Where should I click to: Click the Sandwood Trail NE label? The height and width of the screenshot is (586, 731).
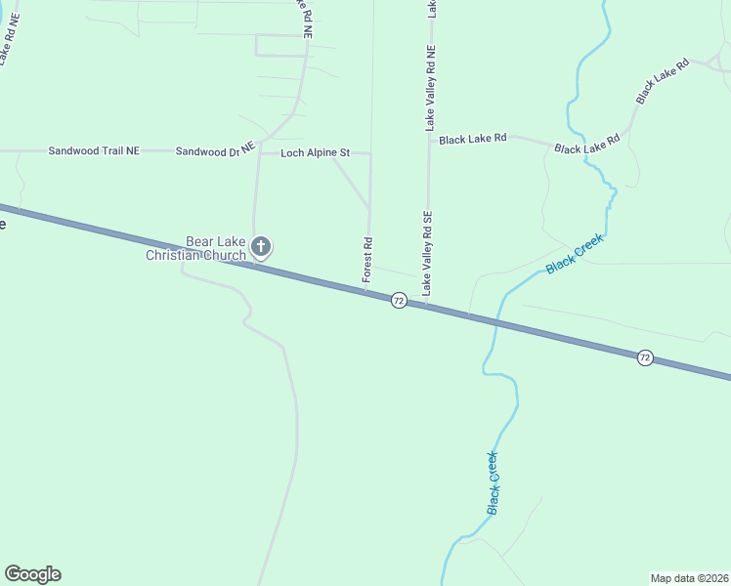tap(94, 151)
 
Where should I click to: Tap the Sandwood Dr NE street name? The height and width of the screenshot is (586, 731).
tap(215, 149)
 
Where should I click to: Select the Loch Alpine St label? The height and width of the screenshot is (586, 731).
tap(315, 153)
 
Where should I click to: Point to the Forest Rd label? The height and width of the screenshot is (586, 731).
tap(367, 260)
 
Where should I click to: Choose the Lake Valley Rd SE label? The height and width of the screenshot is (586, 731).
tap(427, 253)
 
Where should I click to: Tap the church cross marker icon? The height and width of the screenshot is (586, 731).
tap(261, 246)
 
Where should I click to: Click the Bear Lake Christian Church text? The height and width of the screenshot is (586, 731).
tap(196, 248)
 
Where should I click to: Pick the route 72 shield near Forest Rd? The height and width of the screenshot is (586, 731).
tap(399, 301)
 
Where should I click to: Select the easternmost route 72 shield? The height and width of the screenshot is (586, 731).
tap(645, 357)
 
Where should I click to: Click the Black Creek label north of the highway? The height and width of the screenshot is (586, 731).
tap(576, 253)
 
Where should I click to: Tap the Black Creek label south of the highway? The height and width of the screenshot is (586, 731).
tap(494, 482)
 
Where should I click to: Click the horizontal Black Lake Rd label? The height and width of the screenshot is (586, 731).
tap(472, 140)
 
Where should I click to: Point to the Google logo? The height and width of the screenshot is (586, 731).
tap(32, 574)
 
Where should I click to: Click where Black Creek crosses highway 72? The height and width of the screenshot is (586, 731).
tap(495, 319)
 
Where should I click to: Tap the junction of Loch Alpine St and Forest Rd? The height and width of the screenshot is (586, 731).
tap(370, 153)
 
